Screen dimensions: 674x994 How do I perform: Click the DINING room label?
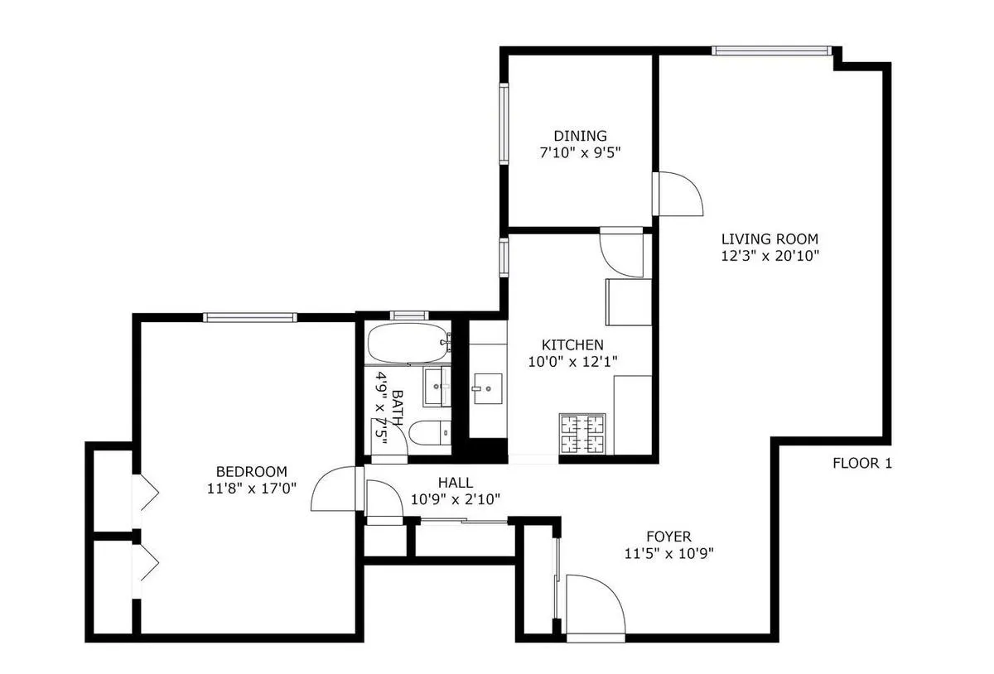pyautogui.click(x=580, y=136)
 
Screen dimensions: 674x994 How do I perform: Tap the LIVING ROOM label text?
pyautogui.click(x=769, y=240)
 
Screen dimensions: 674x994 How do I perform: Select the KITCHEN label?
pyautogui.click(x=572, y=344)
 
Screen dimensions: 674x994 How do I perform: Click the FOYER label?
pyautogui.click(x=668, y=537)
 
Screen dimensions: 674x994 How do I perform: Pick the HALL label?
pyautogui.click(x=455, y=483)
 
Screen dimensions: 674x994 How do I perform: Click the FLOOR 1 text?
pyautogui.click(x=861, y=464)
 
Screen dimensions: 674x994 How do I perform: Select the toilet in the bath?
pyautogui.click(x=429, y=432)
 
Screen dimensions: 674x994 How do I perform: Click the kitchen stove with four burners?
pyautogui.click(x=586, y=433)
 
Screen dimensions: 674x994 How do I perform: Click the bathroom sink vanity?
pyautogui.click(x=437, y=387)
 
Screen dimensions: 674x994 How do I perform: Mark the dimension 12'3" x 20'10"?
pyautogui.click(x=770, y=257)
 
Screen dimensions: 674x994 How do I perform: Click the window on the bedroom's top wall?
pyautogui.click(x=250, y=316)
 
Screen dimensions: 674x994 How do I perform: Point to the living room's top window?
pyautogui.click(x=771, y=51)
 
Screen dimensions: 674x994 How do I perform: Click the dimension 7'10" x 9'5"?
pyautogui.click(x=580, y=152)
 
